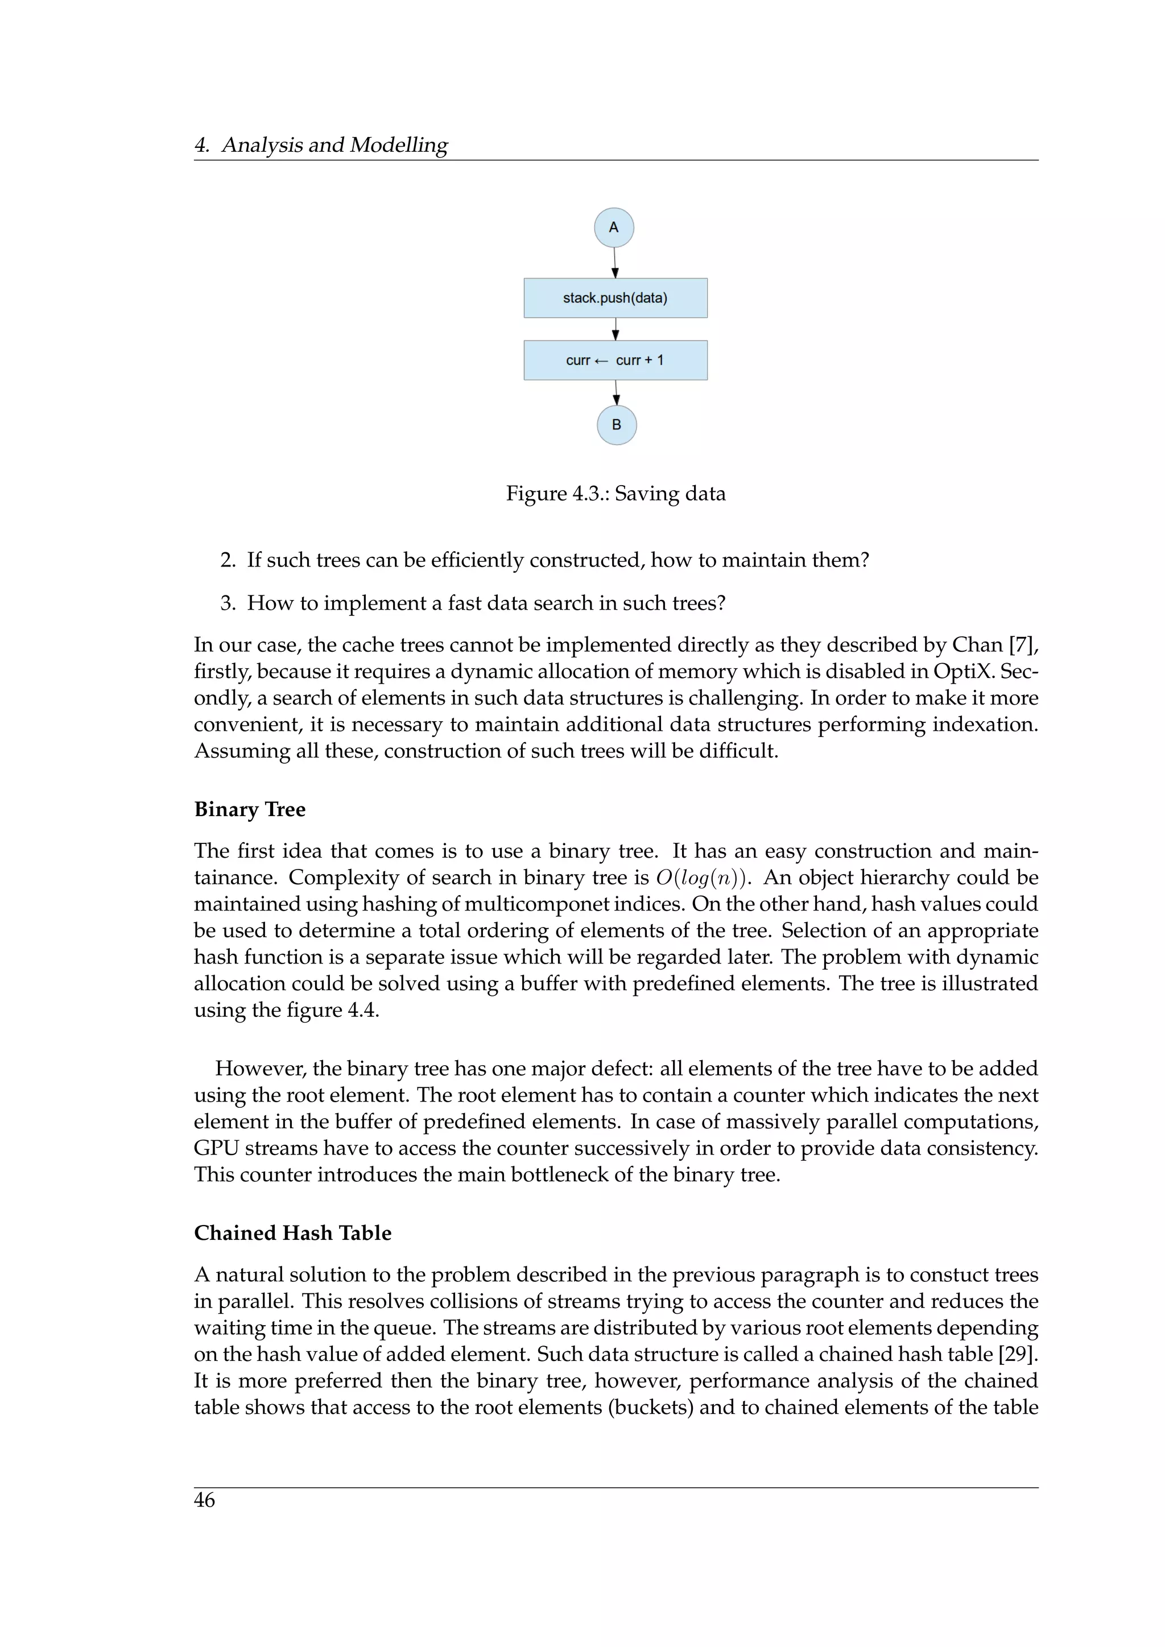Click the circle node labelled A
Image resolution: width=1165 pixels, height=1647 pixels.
point(613,227)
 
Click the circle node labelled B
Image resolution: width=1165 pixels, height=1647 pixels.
point(616,425)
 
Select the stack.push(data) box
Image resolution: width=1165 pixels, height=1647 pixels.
point(615,297)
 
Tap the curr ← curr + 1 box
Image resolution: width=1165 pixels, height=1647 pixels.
point(615,360)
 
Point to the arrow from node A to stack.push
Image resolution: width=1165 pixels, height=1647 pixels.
point(615,263)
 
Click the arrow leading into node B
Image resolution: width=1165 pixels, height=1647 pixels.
point(615,393)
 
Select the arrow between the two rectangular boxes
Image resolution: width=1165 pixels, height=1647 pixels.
point(615,329)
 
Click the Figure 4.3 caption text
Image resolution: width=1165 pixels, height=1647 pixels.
point(615,494)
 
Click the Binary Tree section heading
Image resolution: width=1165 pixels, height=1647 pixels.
point(249,809)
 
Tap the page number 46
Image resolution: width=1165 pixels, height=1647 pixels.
point(204,1500)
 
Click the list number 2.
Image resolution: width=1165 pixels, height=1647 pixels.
point(228,560)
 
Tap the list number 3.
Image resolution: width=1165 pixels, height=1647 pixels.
point(228,603)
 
